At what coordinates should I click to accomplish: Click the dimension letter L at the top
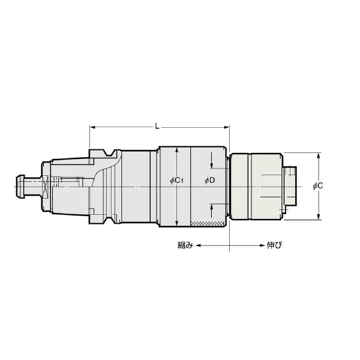point(157,126)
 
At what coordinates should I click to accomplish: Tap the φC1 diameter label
point(177,181)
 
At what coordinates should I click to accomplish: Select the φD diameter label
point(209,181)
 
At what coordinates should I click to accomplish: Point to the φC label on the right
point(318,186)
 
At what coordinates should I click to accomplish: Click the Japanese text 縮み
point(185,245)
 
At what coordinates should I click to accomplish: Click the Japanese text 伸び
point(274,245)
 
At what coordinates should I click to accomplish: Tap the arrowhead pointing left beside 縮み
point(199,245)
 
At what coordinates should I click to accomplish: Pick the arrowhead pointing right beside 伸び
point(262,245)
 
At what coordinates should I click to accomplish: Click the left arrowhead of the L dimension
point(92,127)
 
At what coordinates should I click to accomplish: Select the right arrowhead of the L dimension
point(227,127)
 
